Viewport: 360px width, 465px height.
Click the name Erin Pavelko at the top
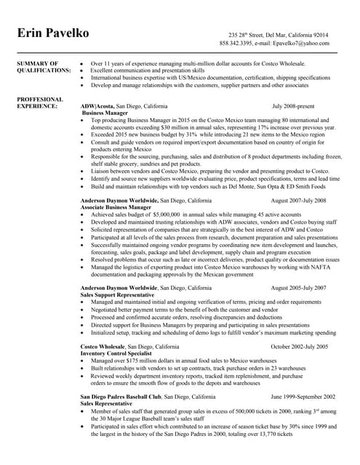pyautogui.click(x=53, y=35)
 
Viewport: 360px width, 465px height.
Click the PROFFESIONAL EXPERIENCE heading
pyautogui.click(x=39, y=102)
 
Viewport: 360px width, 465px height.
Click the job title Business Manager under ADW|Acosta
pyautogui.click(x=105, y=113)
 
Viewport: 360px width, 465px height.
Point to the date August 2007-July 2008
pyautogui.click(x=298, y=200)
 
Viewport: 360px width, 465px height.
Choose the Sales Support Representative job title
pyautogui.click(x=117, y=295)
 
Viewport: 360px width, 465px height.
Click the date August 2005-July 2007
pyautogui.click(x=298, y=288)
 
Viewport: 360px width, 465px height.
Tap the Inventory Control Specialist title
pyautogui.click(x=116, y=354)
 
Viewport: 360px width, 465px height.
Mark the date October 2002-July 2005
pyautogui.click(x=299, y=347)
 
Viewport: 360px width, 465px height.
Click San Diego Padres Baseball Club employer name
pyautogui.click(x=121, y=397)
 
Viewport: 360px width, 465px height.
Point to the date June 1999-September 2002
pyautogui.click(x=303, y=397)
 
